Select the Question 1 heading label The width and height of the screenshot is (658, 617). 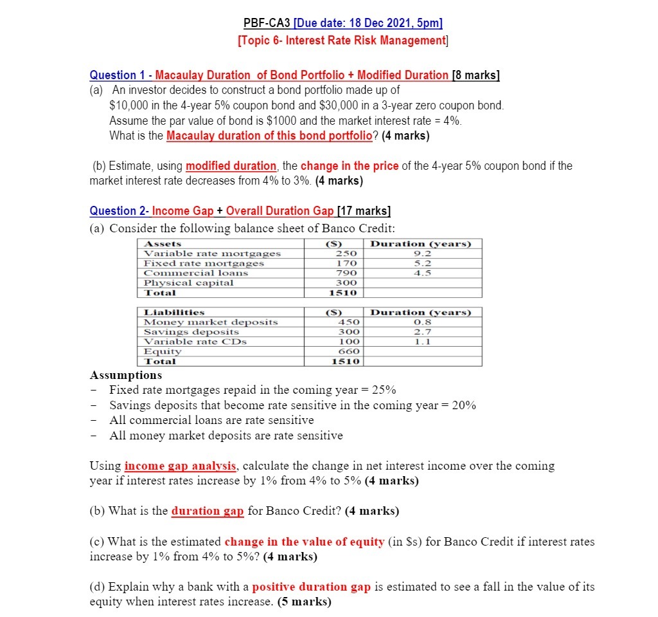click(x=120, y=75)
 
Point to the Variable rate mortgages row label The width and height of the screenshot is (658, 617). click(x=212, y=253)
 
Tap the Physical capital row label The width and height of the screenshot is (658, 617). click(x=188, y=283)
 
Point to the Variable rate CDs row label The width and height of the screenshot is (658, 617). click(x=195, y=342)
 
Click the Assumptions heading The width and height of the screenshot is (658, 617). click(x=126, y=375)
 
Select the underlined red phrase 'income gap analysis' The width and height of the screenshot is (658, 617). click(x=181, y=466)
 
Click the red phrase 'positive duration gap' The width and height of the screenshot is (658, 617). click(x=312, y=587)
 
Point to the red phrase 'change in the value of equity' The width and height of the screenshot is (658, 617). click(x=304, y=542)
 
